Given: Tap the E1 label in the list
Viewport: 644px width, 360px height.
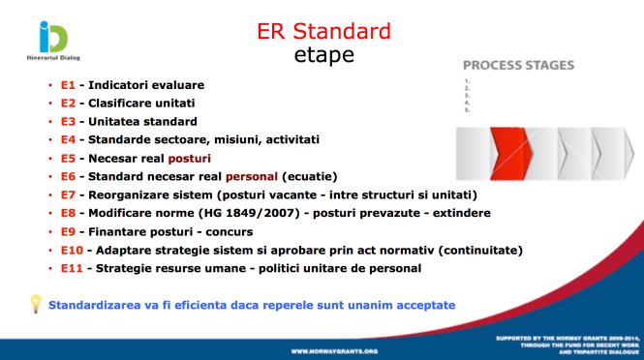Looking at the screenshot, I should coord(67,85).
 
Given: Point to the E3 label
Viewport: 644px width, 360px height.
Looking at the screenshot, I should coord(67,122).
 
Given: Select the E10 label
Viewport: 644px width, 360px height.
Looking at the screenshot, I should coord(71,251).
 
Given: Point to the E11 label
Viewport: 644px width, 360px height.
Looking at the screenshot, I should coord(71,269).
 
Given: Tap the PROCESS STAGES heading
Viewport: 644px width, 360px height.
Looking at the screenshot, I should coord(518,66).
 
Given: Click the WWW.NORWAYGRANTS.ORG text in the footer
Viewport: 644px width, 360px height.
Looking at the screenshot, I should coord(336,348).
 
